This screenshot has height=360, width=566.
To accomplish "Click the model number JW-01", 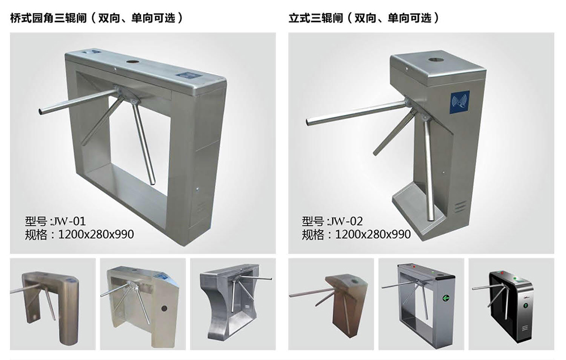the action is point(68,221).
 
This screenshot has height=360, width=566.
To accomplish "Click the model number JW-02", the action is point(345,221).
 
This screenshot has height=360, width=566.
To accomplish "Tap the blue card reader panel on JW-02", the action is point(460,102).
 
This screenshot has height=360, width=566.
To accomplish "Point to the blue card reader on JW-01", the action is point(186,76).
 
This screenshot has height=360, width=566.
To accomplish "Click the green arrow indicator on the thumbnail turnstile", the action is point(446,298).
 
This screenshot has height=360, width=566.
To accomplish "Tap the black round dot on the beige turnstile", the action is point(164,308).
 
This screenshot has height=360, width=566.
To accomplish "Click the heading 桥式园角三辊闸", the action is point(48,18).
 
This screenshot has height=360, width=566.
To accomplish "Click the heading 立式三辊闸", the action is point(315,18).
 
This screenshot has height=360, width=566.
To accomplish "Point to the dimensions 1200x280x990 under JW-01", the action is point(96,234).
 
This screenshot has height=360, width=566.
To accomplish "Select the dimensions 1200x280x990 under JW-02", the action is point(373,234).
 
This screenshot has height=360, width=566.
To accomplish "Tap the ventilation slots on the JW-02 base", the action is point(460,207).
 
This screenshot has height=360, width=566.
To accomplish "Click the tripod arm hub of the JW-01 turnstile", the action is point(125,95).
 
